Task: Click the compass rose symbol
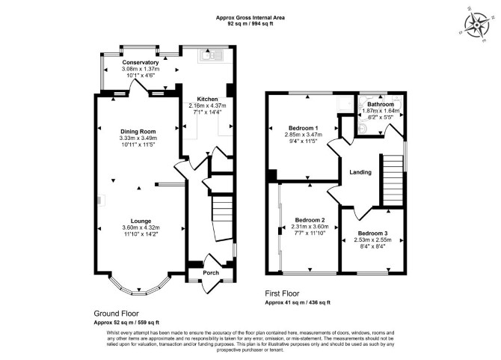click(x=477, y=25)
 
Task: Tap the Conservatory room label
click(x=141, y=62)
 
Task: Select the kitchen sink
click(x=211, y=56)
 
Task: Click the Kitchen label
click(x=207, y=99)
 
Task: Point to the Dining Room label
click(x=138, y=132)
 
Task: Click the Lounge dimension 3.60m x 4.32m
click(x=141, y=228)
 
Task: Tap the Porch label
click(x=211, y=272)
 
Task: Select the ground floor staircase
click(x=223, y=218)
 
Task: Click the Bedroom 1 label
click(x=304, y=128)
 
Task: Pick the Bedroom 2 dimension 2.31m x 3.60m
click(x=310, y=227)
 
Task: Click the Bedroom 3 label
click(x=372, y=234)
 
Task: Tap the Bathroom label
click(x=380, y=104)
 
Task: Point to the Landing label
click(x=360, y=172)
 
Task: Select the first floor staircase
click(x=393, y=180)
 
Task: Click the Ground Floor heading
click(x=117, y=314)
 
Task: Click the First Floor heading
click(x=282, y=293)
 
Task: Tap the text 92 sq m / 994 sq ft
click(x=250, y=23)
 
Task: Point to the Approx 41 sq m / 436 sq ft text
click(x=298, y=302)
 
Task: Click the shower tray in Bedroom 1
click(x=345, y=104)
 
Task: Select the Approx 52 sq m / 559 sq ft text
click(x=126, y=323)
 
